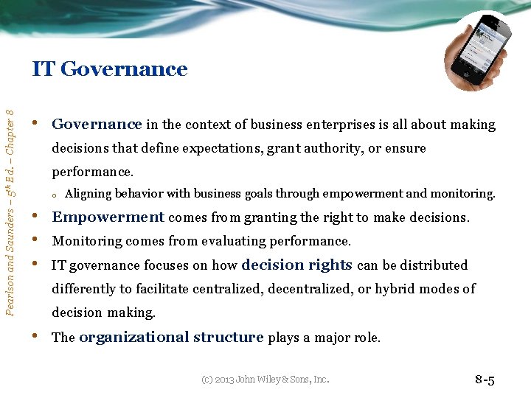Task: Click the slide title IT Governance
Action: (110, 69)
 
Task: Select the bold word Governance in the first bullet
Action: (97, 125)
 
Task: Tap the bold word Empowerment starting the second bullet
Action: (108, 217)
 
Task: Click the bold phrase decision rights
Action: (297, 265)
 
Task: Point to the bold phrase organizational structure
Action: (171, 338)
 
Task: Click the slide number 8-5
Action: (485, 380)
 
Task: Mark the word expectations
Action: (217, 148)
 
